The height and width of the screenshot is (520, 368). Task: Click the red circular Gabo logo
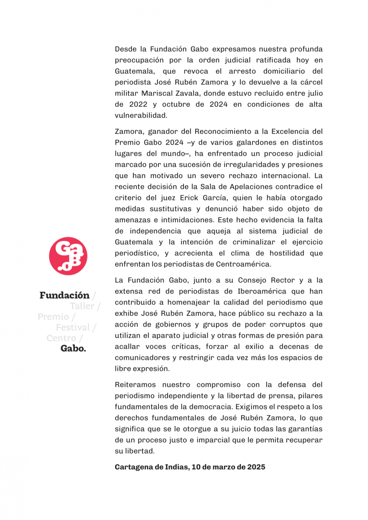click(x=68, y=256)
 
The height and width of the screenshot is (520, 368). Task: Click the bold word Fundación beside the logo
click(x=64, y=296)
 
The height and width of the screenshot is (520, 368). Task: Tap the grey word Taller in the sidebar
click(x=82, y=306)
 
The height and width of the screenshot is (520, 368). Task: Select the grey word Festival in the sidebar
click(x=73, y=327)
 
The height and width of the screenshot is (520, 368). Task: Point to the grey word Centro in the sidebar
click(x=61, y=338)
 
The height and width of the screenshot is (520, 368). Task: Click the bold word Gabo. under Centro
click(x=73, y=348)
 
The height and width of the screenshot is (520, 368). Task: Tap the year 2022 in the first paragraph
click(x=136, y=104)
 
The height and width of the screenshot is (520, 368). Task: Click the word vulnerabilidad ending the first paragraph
click(x=141, y=116)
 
